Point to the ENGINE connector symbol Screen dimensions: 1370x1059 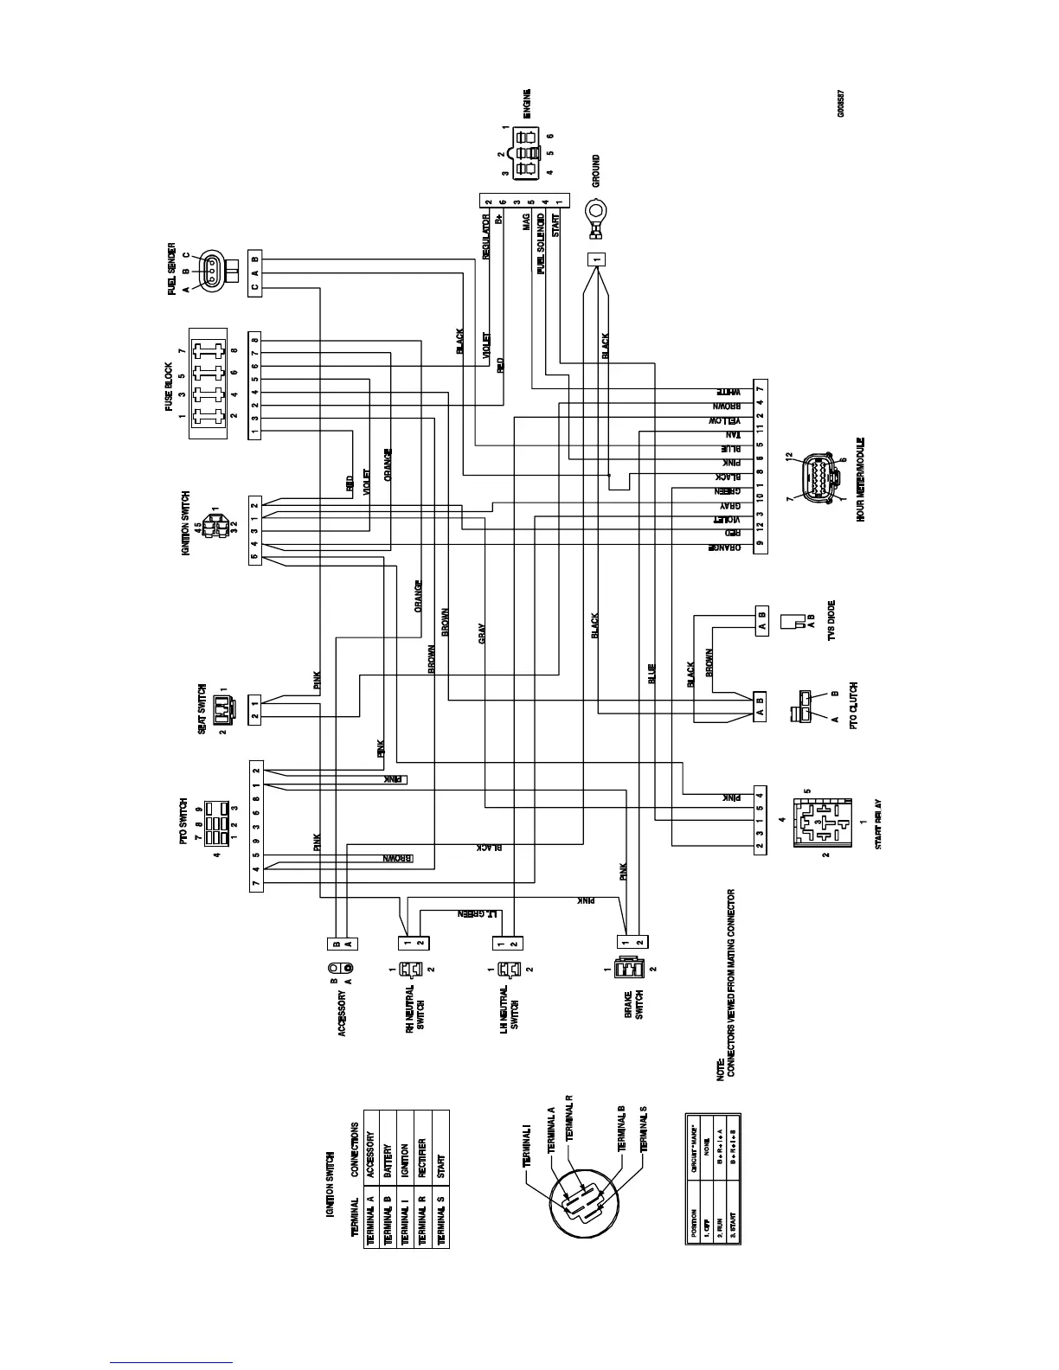(525, 152)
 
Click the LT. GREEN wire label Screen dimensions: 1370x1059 (474, 913)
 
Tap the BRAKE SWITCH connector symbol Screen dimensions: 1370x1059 (624, 970)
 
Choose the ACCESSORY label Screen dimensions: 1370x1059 (343, 1014)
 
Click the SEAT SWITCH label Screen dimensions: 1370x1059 (201, 708)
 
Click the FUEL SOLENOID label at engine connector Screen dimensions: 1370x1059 (541, 242)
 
